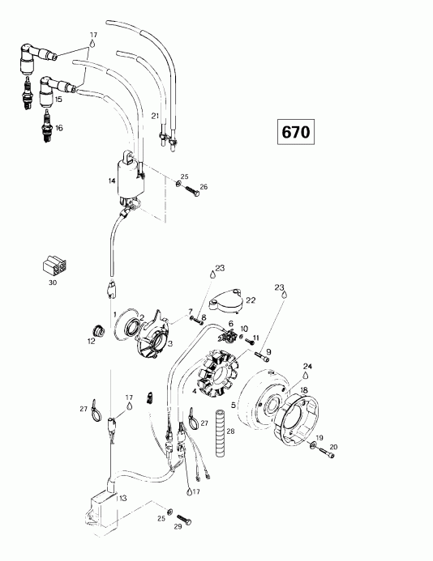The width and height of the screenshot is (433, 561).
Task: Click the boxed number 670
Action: pos(296,132)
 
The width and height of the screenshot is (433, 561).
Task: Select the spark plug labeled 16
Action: pos(46,126)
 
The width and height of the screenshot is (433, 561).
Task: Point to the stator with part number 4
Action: pos(217,373)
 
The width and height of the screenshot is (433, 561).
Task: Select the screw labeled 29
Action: pos(184,519)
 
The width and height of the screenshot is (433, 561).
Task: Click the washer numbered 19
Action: pos(313,444)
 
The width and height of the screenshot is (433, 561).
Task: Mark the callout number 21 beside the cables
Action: pos(155,116)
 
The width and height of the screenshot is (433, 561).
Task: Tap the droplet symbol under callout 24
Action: pos(306,375)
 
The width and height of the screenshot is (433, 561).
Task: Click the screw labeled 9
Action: pos(263,355)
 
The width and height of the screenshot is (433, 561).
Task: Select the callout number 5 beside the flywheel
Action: pos(234,405)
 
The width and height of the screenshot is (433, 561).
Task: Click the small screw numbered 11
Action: pos(250,341)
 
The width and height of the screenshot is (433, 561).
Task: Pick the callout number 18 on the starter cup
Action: pos(304,390)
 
